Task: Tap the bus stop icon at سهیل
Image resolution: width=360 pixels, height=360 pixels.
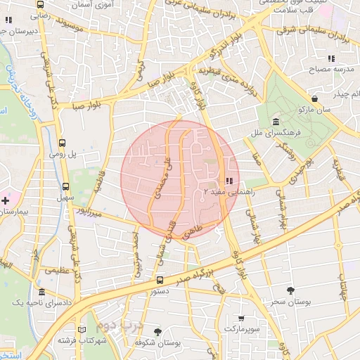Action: [x=65, y=187]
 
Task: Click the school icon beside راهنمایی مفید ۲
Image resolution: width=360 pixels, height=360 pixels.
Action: [x=230, y=181]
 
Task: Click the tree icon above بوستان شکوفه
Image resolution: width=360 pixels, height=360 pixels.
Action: [x=157, y=331]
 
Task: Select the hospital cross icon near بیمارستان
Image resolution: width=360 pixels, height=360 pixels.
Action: [x=6, y=201]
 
